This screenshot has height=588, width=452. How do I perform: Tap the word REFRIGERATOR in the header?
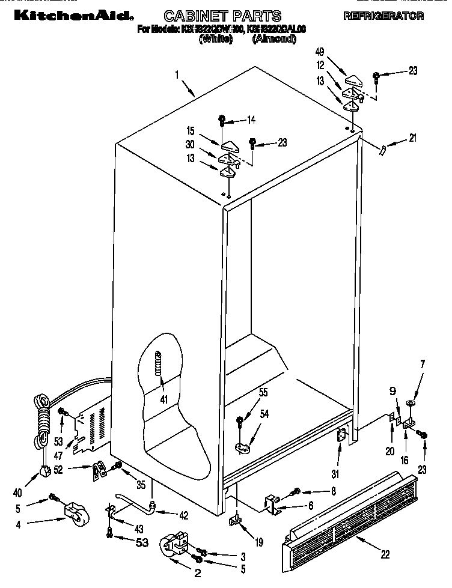383,16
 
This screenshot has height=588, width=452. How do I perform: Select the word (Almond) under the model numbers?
274,40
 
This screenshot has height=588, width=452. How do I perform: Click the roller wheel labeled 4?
73,512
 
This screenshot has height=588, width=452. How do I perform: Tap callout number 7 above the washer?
422,363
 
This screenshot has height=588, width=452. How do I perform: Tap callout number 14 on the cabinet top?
251,120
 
